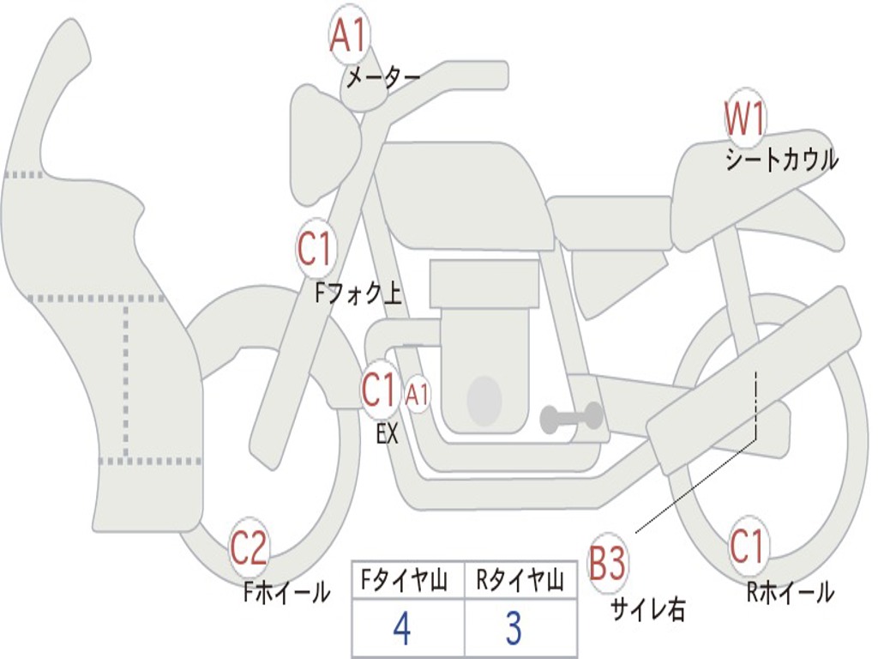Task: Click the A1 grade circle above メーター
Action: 348,36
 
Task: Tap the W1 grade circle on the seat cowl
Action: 744,119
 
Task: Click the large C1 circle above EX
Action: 379,390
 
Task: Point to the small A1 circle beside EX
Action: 417,395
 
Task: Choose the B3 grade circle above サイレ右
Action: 608,564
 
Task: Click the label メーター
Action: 382,79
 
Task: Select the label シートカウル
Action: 781,160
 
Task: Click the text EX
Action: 388,434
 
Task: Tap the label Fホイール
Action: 286,591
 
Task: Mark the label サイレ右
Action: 647,609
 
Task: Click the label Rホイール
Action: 790,592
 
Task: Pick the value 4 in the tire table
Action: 401,629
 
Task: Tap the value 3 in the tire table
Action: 513,629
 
